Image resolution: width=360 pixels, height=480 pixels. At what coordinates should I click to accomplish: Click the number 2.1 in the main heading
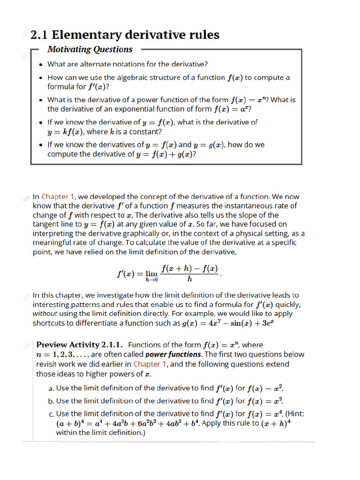(x=39, y=35)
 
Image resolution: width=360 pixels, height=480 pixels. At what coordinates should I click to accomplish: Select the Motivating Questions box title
(x=90, y=49)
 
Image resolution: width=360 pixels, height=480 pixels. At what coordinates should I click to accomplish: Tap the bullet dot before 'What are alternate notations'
(x=41, y=65)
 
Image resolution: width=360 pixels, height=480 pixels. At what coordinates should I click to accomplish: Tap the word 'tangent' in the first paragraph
(x=45, y=225)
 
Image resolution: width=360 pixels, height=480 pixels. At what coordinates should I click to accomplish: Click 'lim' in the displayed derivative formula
(x=151, y=274)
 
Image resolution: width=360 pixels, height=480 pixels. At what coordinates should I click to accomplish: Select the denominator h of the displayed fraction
(x=189, y=280)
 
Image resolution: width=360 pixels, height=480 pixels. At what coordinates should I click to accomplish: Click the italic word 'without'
(x=45, y=314)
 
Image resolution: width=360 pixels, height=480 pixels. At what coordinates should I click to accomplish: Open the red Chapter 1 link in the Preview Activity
(x=150, y=364)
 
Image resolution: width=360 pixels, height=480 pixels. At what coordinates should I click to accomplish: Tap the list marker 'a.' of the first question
(x=52, y=389)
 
